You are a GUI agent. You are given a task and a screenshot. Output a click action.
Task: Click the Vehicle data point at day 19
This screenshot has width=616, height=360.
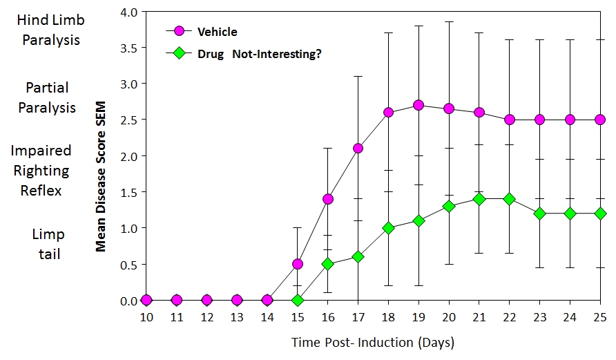pos(418,105)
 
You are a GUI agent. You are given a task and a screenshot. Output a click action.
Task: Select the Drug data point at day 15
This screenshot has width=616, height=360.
pos(297,301)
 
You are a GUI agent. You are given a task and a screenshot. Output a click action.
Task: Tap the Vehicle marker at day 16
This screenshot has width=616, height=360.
pos(327,199)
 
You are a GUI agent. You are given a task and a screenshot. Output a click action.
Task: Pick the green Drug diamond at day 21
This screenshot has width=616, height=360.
pos(479,199)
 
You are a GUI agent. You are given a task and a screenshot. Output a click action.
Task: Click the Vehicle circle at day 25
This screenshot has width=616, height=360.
pos(600,120)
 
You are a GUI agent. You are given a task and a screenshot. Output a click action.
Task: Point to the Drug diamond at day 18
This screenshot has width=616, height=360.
pos(388,228)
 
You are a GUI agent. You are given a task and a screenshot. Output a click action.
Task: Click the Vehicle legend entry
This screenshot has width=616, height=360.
pos(217,32)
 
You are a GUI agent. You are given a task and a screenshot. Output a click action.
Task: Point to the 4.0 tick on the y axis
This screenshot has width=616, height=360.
pos(129,12)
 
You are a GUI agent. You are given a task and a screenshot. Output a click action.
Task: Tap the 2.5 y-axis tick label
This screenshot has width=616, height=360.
pos(129,120)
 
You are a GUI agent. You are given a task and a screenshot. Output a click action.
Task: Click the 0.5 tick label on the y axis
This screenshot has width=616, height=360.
pos(129,265)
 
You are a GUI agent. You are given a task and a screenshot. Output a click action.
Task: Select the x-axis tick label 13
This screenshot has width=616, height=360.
pos(237,317)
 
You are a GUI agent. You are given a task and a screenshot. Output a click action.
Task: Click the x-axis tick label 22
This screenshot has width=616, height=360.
pos(509,317)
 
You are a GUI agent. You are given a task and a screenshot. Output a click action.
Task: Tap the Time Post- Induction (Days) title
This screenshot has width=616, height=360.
pos(373,342)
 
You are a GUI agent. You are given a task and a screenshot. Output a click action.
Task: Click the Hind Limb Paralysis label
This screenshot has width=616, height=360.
pos(51,30)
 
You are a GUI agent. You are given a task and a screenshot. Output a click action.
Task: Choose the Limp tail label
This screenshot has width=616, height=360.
pos(48,244)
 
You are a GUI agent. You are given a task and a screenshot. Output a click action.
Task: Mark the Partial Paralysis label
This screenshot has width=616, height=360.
pos(47,97)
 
